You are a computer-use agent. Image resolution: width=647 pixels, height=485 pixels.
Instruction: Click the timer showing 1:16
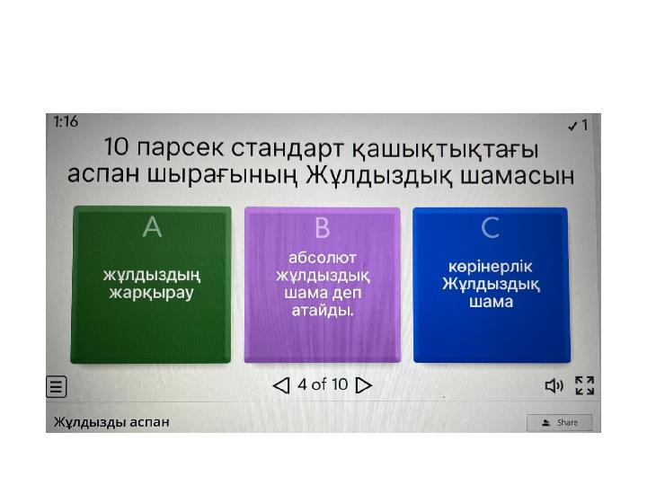[66, 122]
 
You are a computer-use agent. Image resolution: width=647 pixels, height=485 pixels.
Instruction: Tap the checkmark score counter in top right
[578, 126]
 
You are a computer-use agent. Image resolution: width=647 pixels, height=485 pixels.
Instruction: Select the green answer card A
[151, 285]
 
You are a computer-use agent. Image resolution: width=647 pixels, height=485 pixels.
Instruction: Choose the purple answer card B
[322, 285]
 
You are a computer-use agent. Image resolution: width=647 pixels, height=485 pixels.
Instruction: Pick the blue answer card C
[490, 285]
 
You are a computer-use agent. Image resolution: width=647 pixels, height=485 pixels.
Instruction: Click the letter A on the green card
[152, 228]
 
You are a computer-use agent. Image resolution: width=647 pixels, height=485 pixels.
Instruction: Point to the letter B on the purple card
[322, 228]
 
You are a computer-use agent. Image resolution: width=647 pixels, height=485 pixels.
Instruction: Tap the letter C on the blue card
[490, 228]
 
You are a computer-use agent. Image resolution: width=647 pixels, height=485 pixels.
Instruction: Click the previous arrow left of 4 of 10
[281, 386]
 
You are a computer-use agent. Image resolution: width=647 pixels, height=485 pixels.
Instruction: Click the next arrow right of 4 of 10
[364, 386]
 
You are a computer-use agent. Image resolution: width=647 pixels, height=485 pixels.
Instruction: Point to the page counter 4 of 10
[323, 385]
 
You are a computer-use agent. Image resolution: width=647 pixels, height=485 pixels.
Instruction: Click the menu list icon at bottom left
[57, 387]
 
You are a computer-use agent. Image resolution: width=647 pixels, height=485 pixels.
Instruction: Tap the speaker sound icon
[554, 386]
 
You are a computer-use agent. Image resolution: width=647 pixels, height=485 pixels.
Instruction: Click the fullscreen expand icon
[584, 386]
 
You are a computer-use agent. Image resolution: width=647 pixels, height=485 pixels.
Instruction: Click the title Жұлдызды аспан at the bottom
[111, 421]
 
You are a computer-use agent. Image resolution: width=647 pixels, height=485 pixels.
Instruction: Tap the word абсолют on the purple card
[322, 258]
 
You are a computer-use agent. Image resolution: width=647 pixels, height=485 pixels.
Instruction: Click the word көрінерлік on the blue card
[490, 268]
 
